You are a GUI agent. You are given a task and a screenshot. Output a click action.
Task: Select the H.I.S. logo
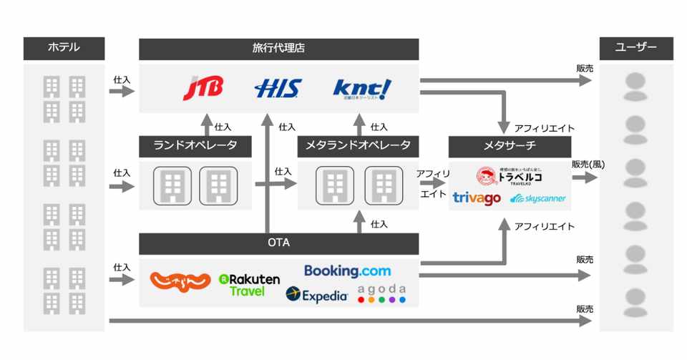point(278,89)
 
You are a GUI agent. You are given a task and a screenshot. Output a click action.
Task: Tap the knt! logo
point(363,89)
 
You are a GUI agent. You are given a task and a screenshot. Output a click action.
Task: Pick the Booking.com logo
point(348,271)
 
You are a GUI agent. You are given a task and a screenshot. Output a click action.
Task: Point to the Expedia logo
point(316,294)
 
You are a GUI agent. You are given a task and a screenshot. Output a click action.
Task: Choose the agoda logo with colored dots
point(381,293)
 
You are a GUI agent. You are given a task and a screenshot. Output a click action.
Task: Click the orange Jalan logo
point(180,281)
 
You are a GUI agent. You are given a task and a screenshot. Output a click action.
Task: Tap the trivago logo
point(476,198)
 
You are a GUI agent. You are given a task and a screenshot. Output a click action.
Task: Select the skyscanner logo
point(538,198)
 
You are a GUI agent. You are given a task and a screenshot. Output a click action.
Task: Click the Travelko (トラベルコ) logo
point(510,176)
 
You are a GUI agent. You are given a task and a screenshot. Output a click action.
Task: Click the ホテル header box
point(64,49)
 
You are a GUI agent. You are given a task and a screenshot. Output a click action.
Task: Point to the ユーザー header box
point(635,49)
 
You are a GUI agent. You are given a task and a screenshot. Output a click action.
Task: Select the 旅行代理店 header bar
point(278,49)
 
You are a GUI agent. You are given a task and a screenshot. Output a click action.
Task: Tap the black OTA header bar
point(278,243)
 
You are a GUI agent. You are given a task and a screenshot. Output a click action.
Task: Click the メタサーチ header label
point(510,146)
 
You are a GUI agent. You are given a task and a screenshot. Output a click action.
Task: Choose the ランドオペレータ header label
point(195,146)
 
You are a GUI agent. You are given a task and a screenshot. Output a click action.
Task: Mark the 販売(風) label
point(588,164)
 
